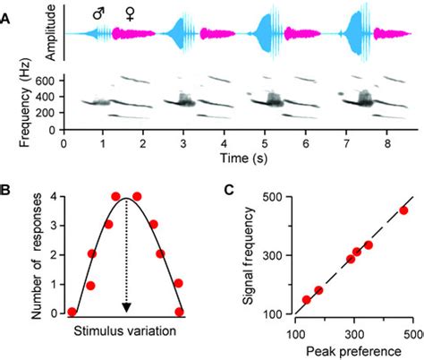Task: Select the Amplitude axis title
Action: coord(50,32)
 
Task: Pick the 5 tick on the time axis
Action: coord(264,142)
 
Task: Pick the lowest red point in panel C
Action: coord(307,300)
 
